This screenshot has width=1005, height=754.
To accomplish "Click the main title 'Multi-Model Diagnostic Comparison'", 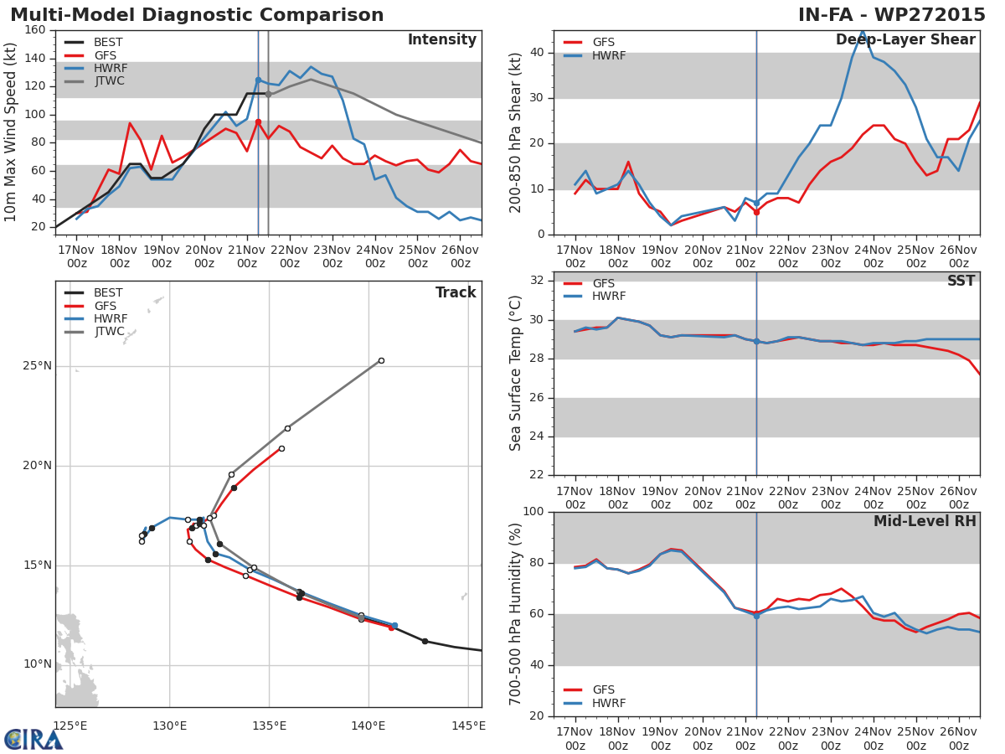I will coord(197,15).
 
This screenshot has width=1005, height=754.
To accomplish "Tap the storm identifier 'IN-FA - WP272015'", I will coord(891,15).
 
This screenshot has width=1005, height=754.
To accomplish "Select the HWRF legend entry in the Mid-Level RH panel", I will coord(609,704).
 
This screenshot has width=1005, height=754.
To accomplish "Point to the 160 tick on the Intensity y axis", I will coord(34,30).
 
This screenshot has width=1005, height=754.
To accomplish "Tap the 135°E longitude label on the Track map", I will coord(269,726).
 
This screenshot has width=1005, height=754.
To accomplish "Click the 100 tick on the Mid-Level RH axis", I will coord(532,512).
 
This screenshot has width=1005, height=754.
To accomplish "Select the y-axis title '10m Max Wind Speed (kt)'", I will coord(12,132).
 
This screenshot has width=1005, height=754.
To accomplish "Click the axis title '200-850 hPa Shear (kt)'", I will coord(517,132).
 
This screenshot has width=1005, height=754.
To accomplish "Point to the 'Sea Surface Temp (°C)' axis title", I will coord(517,374).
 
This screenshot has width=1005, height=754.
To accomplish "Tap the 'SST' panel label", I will coord(961,281).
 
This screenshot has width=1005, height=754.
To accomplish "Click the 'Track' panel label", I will coord(456,293).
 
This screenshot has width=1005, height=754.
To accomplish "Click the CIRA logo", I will coord(33,740).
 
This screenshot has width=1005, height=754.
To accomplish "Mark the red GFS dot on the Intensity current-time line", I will coord(258,121).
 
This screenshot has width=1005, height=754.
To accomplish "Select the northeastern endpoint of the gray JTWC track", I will coord(381,361).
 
